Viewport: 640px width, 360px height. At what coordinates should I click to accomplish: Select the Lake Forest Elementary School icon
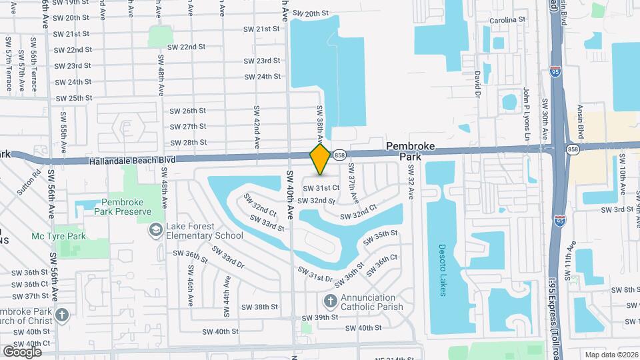click(x=155, y=230)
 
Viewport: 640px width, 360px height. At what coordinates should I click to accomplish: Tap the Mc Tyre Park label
click(x=59, y=236)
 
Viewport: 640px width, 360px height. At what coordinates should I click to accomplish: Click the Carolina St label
click(x=512, y=20)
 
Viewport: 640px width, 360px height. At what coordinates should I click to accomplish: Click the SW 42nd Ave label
click(x=256, y=125)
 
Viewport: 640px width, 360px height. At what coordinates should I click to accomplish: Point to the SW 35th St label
click(x=381, y=236)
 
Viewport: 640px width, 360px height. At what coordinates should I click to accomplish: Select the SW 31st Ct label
click(x=322, y=188)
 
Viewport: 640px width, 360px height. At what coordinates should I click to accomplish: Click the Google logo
click(x=22, y=351)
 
